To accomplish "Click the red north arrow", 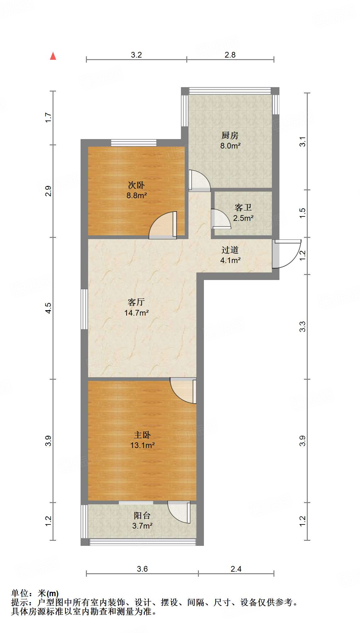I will [x=53, y=56].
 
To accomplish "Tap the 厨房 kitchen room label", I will [x=230, y=136].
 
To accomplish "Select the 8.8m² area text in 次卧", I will [x=137, y=195].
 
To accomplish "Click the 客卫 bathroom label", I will [x=243, y=208].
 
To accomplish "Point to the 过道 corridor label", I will [x=230, y=250].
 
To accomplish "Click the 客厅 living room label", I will [x=136, y=302].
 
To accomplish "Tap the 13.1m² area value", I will [x=142, y=445].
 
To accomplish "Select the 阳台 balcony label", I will [x=142, y=515].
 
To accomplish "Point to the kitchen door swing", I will [x=199, y=180].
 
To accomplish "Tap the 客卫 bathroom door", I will [x=221, y=219].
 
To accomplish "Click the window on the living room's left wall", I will [x=84, y=309].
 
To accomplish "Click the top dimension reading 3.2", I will [x=136, y=55].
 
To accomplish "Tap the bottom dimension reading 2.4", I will [x=236, y=569].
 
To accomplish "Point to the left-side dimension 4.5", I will [x=48, y=308].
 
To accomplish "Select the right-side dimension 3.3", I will [x=302, y=327].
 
